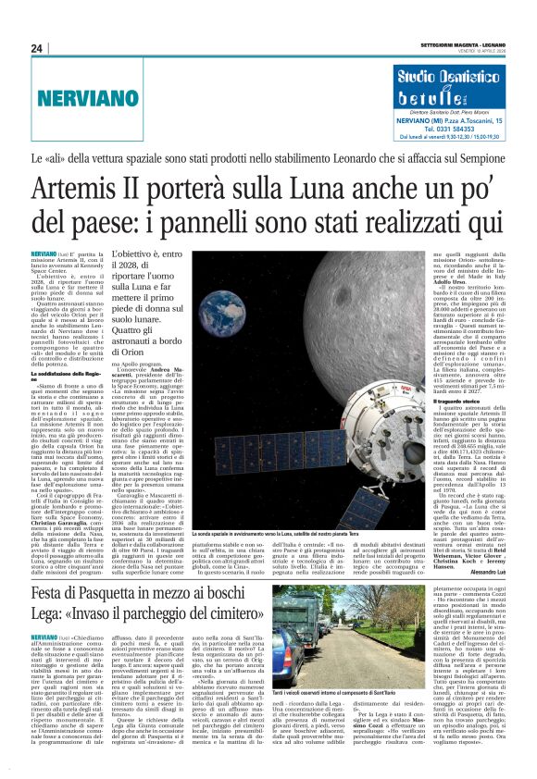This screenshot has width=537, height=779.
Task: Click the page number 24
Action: (37, 48)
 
